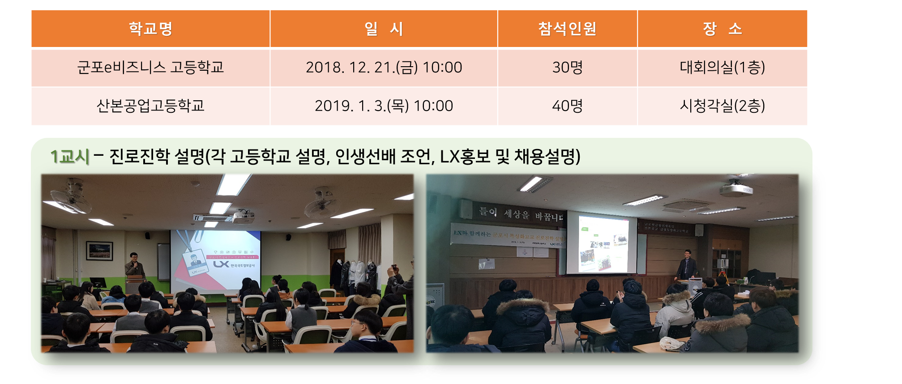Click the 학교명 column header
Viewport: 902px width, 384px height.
tap(150, 29)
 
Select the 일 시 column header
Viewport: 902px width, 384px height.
tap(384, 29)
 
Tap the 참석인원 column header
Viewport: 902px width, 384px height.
tap(567, 29)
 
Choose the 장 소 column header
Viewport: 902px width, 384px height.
tap(722, 29)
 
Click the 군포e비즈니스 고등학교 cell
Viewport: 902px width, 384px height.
tap(150, 68)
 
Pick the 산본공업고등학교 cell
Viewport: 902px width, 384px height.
tap(150, 106)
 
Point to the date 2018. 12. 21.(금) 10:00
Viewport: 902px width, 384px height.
tap(384, 68)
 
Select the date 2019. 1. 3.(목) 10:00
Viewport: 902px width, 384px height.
tap(384, 106)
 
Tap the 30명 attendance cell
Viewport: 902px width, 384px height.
tap(567, 68)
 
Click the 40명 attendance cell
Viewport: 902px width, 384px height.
tap(567, 106)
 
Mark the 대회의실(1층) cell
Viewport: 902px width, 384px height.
tap(722, 68)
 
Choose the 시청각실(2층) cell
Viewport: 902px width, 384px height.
tap(722, 106)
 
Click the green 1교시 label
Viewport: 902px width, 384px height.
tap(70, 157)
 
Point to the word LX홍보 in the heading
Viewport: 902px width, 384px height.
tap(465, 157)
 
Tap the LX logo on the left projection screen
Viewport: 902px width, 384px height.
tap(221, 265)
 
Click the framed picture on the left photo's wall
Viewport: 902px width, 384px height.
tap(100, 250)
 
